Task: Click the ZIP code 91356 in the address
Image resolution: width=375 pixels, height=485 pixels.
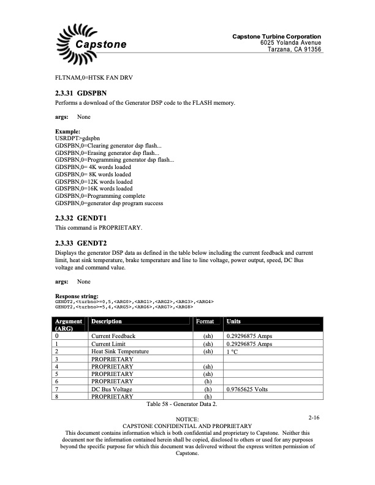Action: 310,50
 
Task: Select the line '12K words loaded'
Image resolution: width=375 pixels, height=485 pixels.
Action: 94,182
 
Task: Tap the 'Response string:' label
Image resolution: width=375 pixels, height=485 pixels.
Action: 76,296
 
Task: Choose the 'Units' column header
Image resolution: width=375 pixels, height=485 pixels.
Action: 233,321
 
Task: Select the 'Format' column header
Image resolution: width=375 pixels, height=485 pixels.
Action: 205,321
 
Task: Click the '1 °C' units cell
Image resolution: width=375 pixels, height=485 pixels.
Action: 233,352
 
